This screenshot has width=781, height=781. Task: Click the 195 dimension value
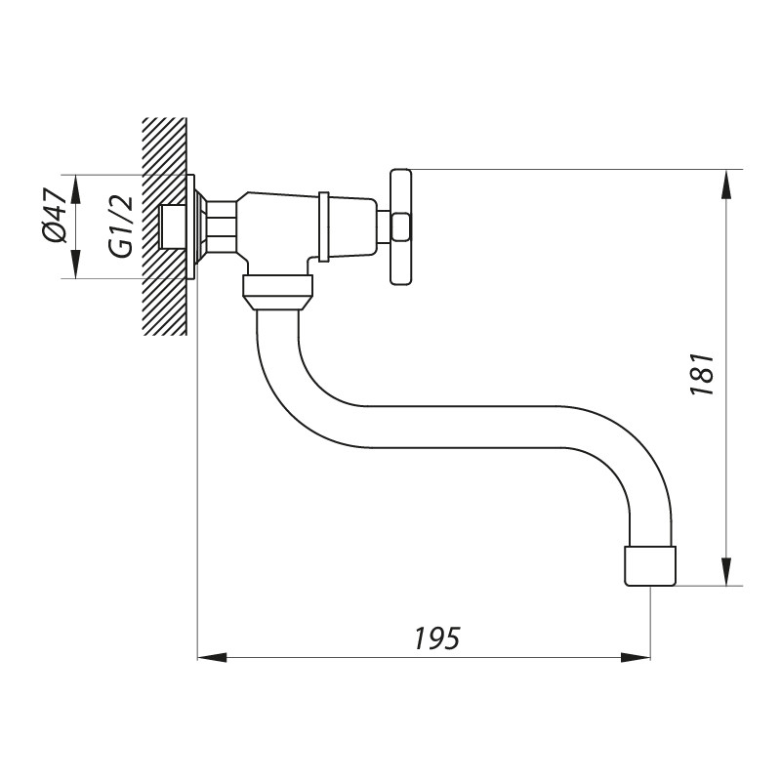[x=437, y=638]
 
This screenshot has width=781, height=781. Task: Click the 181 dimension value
[x=702, y=375]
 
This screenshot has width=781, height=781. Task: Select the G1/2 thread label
[x=122, y=226]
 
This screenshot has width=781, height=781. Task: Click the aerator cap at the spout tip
[x=650, y=566]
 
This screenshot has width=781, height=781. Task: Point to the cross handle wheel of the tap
[x=401, y=227]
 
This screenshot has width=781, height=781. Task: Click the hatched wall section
[x=164, y=226]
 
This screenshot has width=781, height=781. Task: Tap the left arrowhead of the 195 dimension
[x=212, y=657]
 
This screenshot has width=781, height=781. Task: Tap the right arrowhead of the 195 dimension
[x=636, y=657]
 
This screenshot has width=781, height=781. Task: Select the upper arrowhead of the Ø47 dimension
[x=75, y=189]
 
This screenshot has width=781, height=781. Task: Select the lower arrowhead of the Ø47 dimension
[x=75, y=264]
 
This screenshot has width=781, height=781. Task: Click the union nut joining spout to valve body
[x=278, y=292]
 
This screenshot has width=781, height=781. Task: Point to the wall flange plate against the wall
[x=190, y=226]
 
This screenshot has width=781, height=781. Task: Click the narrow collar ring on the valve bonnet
[x=324, y=226]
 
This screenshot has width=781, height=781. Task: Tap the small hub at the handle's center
[x=401, y=227]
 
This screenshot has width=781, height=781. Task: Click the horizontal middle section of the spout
[x=473, y=427]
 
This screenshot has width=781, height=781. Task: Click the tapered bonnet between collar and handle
[x=352, y=227]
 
